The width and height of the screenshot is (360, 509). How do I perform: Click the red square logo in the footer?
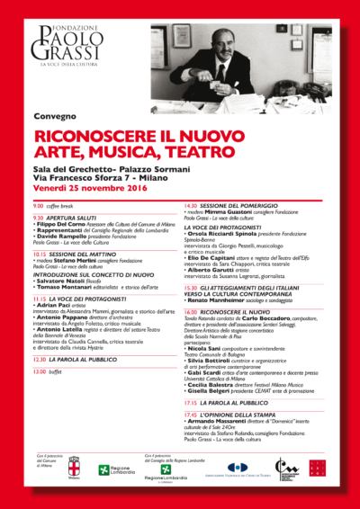point(316,468)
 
